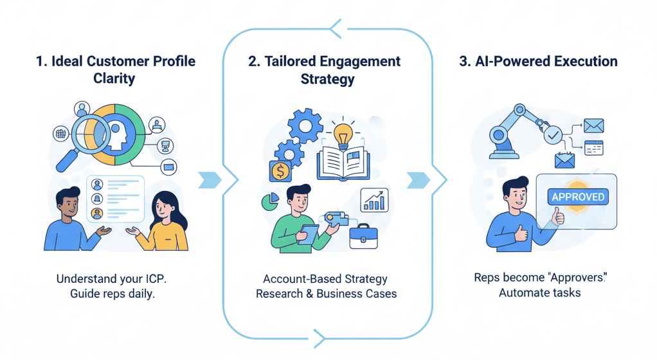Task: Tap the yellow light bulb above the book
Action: click(x=341, y=135)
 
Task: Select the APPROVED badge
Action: click(x=577, y=196)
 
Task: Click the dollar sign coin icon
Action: click(x=280, y=171)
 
